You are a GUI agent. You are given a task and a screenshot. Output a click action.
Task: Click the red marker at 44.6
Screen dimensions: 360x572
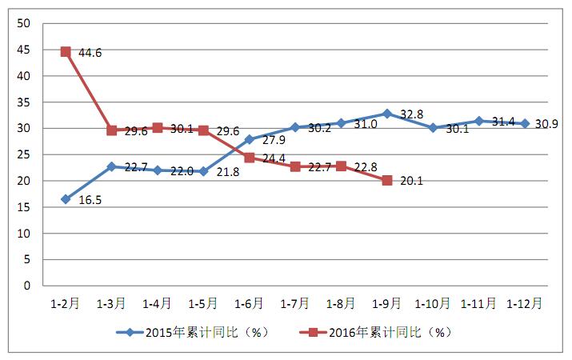click(x=66, y=52)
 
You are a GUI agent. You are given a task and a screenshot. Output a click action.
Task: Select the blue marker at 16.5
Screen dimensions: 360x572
click(x=66, y=199)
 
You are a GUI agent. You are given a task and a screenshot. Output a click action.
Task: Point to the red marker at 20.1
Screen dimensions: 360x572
click(x=387, y=180)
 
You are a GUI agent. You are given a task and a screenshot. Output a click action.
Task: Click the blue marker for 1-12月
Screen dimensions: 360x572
click(x=525, y=123)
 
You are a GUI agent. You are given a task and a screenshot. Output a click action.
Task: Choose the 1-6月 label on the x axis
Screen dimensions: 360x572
click(x=249, y=304)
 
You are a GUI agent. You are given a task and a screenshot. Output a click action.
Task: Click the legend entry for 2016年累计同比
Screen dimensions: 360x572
click(x=378, y=332)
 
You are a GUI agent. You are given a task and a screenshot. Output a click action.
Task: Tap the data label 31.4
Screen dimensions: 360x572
click(x=503, y=122)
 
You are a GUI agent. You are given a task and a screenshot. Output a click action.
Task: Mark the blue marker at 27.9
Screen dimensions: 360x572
click(x=249, y=139)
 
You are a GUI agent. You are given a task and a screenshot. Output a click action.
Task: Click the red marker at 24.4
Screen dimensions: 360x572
click(x=249, y=158)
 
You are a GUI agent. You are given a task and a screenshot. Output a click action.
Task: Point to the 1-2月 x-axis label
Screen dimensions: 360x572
click(x=66, y=304)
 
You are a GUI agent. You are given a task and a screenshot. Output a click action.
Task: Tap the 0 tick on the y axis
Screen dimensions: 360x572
click(x=27, y=286)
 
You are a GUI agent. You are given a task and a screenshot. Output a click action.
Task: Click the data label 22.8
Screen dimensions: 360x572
click(x=366, y=167)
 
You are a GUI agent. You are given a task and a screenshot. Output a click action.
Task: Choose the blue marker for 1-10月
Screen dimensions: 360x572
click(x=433, y=128)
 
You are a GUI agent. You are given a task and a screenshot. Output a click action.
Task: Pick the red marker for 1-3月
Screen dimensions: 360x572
click(x=112, y=130)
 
